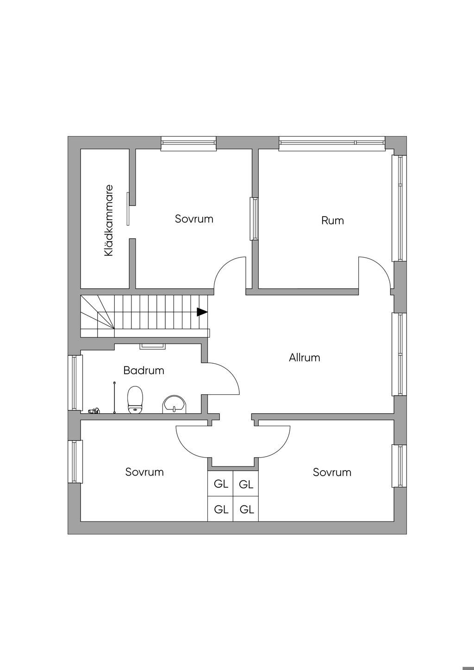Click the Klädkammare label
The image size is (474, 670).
pos(109,221)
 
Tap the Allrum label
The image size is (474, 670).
pos(304,358)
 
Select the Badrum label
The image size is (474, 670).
pos(143,371)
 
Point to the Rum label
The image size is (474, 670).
pos(332,221)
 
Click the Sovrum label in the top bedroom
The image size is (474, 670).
pos(194,219)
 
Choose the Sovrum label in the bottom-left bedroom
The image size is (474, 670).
pos(144,472)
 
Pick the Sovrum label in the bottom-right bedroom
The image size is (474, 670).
pos(332,472)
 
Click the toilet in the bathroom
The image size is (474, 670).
pos(135,400)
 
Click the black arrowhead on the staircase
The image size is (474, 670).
pos(202,312)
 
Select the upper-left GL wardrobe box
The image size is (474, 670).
pos(221,484)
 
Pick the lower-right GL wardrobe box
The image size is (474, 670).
pos(246,509)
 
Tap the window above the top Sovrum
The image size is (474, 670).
pos(188,143)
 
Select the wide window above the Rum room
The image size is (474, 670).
pos(332,143)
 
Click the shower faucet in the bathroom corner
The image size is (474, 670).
pos(94,410)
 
